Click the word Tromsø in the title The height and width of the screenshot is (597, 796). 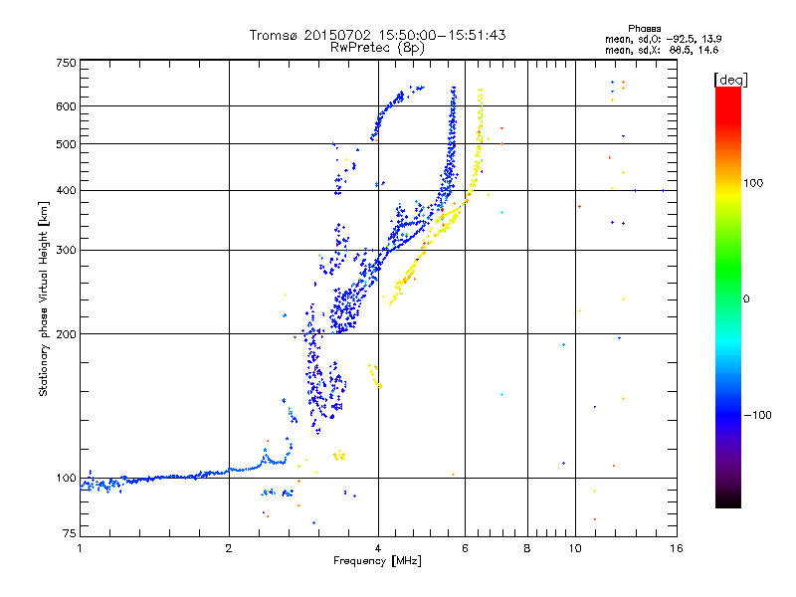[x=275, y=35]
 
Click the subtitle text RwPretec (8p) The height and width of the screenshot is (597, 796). [x=377, y=48]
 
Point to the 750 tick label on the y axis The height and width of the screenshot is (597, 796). [x=66, y=63]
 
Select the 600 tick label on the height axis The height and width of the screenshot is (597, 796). [x=66, y=106]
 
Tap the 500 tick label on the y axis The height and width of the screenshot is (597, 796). [x=66, y=144]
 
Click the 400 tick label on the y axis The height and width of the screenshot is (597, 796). [x=66, y=190]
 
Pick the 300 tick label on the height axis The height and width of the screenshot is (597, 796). [x=66, y=250]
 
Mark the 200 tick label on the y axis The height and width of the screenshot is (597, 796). [x=66, y=334]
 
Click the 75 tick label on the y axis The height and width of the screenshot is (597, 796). [x=70, y=533]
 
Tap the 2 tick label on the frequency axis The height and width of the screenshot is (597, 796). [x=229, y=548]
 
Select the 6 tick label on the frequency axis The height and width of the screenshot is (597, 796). [x=465, y=548]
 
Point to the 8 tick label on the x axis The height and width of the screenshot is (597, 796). [x=527, y=548]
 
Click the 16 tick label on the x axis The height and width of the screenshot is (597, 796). [x=677, y=548]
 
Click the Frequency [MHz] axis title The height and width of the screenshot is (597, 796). [x=377, y=561]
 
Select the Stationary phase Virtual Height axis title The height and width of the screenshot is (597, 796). [x=44, y=299]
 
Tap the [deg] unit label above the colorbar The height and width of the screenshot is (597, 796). [x=731, y=80]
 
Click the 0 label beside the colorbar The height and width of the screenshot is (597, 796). [x=746, y=299]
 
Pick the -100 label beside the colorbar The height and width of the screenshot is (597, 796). [x=757, y=415]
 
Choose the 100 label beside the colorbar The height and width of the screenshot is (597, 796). [x=753, y=183]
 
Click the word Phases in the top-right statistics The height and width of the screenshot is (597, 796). [x=644, y=29]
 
